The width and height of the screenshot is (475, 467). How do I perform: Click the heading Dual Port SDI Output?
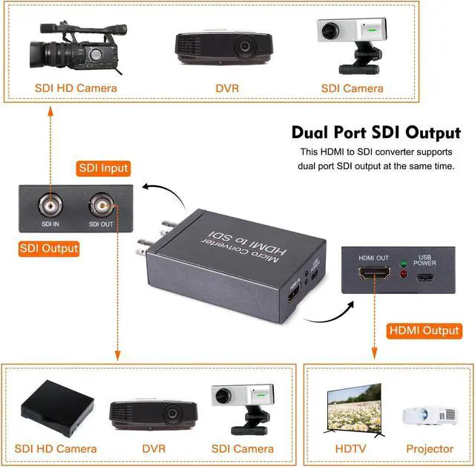tap(376, 133)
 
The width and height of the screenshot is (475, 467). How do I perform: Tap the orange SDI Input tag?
tap(104, 168)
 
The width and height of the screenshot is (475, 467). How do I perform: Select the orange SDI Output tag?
tap(49, 248)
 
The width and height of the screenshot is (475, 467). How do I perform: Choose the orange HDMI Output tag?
tap(424, 330)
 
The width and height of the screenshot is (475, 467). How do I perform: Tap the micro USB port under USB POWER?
tap(426, 278)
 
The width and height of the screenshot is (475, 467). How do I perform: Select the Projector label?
tap(429, 448)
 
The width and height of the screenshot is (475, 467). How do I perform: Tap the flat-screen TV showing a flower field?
tap(354, 408)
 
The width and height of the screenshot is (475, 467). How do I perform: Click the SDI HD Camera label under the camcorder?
tap(76, 88)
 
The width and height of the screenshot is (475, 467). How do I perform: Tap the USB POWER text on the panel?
tap(425, 259)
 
